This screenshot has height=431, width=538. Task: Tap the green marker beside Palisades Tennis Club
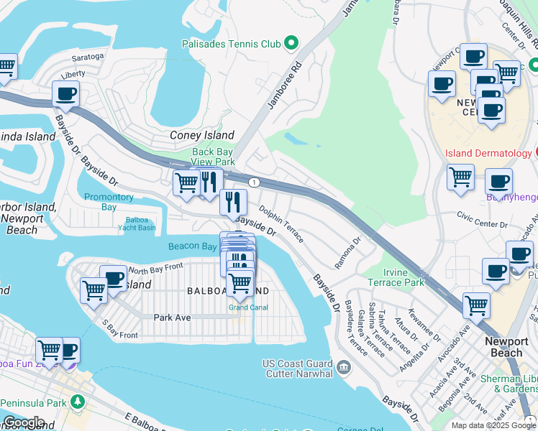291,44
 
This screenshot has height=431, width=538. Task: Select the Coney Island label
201,135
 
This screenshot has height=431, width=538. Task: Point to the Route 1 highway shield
254,182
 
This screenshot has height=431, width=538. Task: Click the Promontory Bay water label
109,202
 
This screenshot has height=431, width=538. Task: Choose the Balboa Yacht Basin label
137,223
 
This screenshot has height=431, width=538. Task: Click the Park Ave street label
172,317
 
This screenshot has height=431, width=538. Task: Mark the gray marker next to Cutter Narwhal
343,368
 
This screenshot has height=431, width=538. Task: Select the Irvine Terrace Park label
393,277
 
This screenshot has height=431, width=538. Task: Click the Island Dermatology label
488,153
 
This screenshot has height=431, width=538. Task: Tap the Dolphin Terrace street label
281,226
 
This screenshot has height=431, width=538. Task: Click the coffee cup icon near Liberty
65,93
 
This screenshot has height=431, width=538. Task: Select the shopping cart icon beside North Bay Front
94,291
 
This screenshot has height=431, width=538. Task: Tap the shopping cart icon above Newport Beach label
476,305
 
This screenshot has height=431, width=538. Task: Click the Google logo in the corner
24,423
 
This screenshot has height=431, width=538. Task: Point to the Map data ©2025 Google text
493,425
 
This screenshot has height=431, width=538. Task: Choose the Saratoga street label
88,56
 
